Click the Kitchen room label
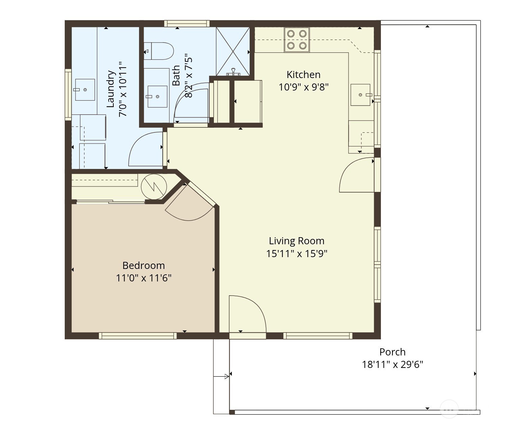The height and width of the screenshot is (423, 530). [x=303, y=75]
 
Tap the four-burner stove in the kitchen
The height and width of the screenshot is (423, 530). [x=297, y=40]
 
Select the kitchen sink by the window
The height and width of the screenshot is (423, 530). [x=360, y=95]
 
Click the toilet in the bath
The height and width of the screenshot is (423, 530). [x=159, y=51]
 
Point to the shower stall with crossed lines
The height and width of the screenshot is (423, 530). [x=233, y=51]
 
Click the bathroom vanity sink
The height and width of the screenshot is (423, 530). [x=157, y=97]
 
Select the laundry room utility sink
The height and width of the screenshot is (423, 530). [x=85, y=90]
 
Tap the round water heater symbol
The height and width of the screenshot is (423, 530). [x=154, y=186]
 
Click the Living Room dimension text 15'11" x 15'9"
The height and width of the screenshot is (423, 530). [x=297, y=253]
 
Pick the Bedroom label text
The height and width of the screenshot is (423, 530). [x=143, y=265]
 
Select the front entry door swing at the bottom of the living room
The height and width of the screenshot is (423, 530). [x=247, y=314]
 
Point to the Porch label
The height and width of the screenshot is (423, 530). [x=392, y=352]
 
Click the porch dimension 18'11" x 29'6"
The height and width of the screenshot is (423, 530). [x=392, y=365]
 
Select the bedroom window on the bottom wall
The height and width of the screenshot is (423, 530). [x=138, y=336]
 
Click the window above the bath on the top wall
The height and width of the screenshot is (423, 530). [x=187, y=23]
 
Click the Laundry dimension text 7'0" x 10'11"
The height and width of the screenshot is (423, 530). [x=123, y=89]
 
